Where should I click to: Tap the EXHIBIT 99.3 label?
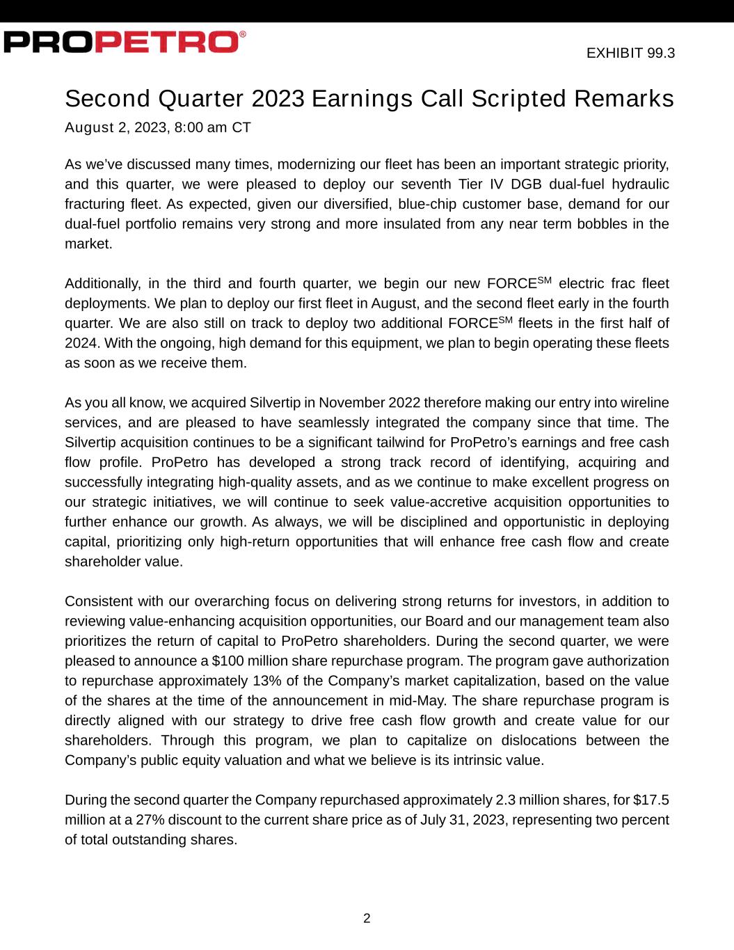click(630, 53)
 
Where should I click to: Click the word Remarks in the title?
click(623, 99)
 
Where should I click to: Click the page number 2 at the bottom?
click(367, 918)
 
